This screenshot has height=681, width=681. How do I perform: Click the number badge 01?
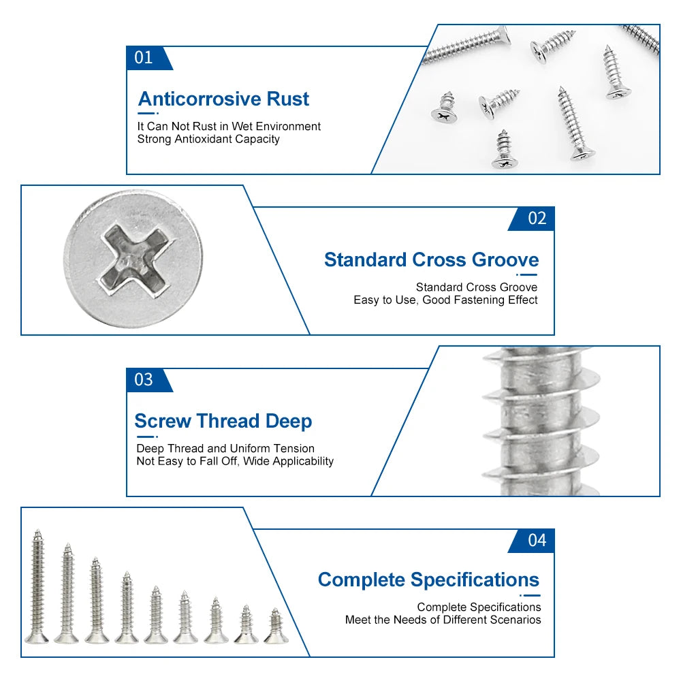click(x=144, y=58)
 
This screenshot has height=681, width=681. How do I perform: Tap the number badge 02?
click(x=537, y=219)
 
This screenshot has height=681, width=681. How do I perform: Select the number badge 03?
click(x=144, y=380)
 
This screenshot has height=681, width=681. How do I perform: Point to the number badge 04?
click(x=537, y=541)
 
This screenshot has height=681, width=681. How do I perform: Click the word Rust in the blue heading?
click(x=287, y=99)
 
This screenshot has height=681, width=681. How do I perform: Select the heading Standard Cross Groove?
click(x=431, y=260)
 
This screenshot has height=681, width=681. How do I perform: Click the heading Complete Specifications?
click(x=428, y=580)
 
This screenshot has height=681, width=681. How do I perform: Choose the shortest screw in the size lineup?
click(x=274, y=627)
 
